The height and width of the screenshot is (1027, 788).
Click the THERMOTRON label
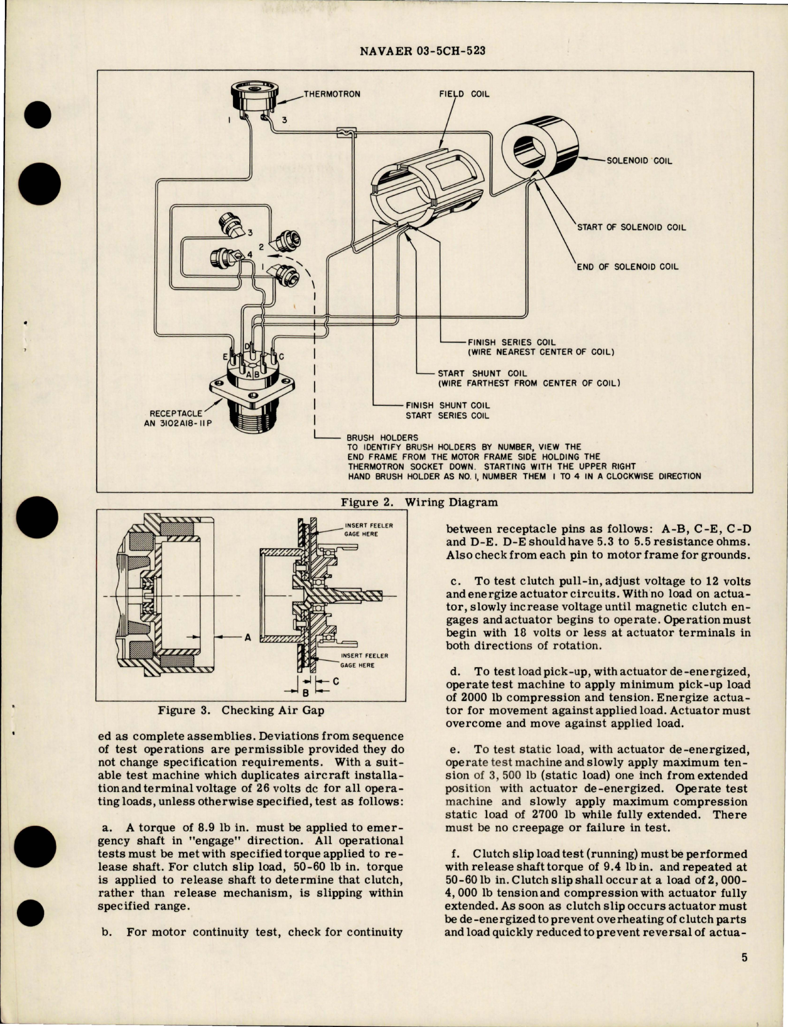coord(332,94)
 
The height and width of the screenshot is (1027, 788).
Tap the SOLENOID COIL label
coord(639,161)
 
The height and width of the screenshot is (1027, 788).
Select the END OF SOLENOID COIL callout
coord(627,266)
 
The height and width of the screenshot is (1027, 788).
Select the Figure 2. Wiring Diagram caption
coord(419,503)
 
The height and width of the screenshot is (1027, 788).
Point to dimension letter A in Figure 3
coord(247,637)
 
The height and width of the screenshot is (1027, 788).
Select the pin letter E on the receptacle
coord(225,357)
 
